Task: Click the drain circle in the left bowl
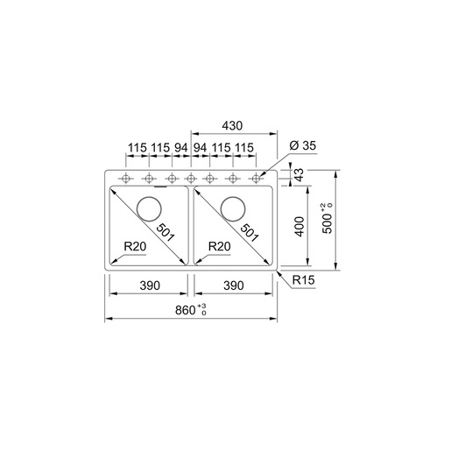pyautogui.click(x=148, y=208)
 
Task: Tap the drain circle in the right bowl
pyautogui.click(x=233, y=208)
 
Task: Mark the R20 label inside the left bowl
pyautogui.click(x=135, y=247)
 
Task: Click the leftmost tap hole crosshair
pyautogui.click(x=127, y=180)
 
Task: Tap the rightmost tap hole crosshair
pyautogui.click(x=256, y=180)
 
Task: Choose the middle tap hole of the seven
pyautogui.click(x=191, y=180)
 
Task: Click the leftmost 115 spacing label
pyautogui.click(x=137, y=148)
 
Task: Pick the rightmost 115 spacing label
pyautogui.click(x=244, y=148)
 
